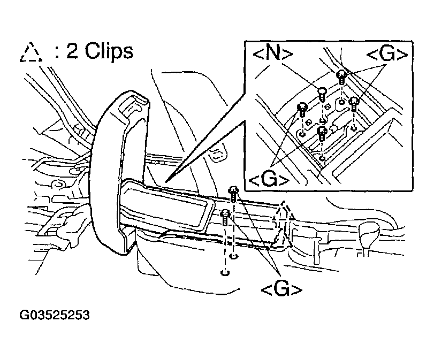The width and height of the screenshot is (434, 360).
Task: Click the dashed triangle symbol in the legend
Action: click(31, 52)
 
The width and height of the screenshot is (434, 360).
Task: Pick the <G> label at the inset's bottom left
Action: click(269, 179)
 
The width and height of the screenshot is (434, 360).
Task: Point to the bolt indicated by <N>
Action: click(322, 94)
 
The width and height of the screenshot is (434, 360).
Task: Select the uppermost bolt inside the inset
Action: click(341, 77)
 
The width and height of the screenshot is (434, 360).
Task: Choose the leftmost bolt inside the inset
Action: click(302, 108)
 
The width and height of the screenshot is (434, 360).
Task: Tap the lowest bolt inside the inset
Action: click(322, 132)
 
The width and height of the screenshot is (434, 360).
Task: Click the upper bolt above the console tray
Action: click(233, 192)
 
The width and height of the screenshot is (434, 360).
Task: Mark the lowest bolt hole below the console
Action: click(225, 273)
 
